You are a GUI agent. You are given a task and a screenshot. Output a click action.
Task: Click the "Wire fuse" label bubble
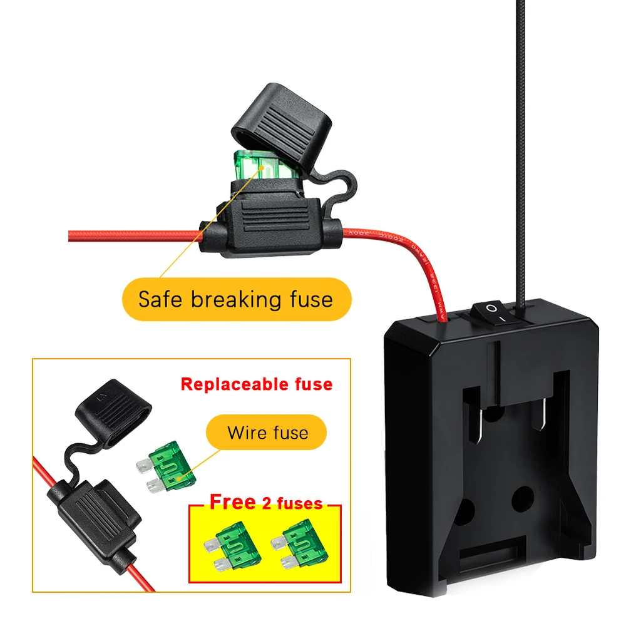click(268, 433)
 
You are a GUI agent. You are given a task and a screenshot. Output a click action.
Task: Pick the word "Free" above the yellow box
click(232, 502)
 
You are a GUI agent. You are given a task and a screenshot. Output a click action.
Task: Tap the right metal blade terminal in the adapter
click(541, 418)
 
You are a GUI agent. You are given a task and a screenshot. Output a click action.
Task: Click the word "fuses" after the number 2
click(301, 503)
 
